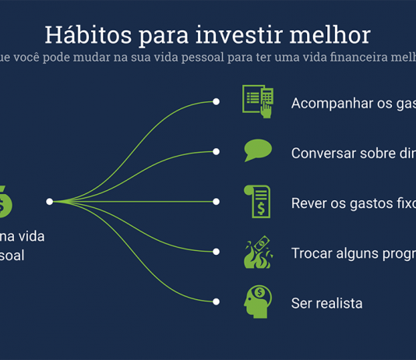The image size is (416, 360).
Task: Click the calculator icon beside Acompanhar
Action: (x=258, y=102)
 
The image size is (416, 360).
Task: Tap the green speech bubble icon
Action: (x=258, y=150)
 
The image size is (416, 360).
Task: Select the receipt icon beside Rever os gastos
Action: (x=258, y=201)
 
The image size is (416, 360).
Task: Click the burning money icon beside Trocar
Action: (x=258, y=252)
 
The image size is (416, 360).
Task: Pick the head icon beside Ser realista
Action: (x=258, y=302)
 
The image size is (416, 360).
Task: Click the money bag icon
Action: (x=5, y=202)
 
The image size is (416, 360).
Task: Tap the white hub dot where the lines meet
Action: (x=49, y=201)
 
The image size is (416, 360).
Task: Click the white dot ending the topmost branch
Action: (x=217, y=102)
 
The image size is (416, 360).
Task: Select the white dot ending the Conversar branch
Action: (x=217, y=152)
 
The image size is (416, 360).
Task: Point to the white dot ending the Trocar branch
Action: (x=217, y=251)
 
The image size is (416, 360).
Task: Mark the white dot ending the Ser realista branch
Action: (x=217, y=301)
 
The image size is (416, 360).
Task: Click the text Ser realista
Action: (x=326, y=303)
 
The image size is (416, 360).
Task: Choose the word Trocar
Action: (x=312, y=253)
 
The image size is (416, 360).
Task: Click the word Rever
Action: (x=308, y=203)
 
